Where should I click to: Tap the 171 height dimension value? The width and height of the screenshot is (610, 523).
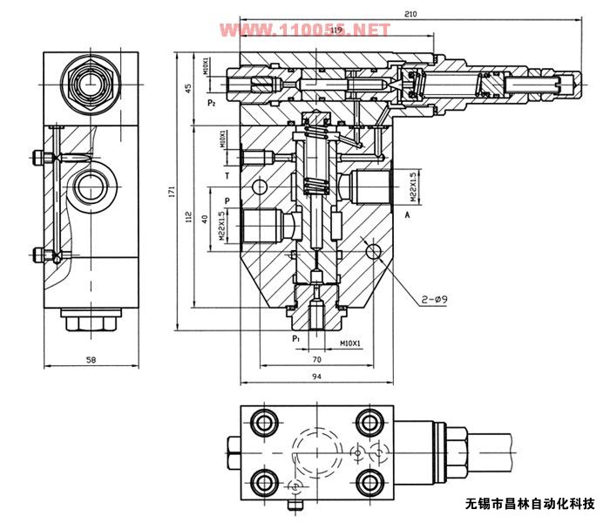173,189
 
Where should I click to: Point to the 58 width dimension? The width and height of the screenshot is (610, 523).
91,358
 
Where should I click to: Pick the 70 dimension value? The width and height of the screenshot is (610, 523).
317,358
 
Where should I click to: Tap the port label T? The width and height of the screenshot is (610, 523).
227,175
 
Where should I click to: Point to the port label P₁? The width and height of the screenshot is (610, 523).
296,336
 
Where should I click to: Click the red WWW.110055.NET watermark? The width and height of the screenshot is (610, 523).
304,31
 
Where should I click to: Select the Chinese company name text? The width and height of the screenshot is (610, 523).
530,503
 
